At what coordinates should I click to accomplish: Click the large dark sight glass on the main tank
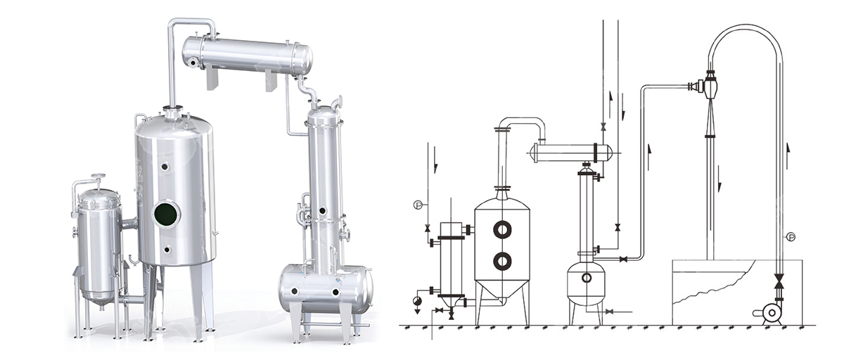point(166,214)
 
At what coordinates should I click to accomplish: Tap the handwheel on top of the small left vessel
point(98,176)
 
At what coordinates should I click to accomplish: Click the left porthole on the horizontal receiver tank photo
point(295,290)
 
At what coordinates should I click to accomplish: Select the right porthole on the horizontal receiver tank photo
point(335,292)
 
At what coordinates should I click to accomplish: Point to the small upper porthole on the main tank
point(165,166)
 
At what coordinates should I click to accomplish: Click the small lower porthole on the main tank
point(167,250)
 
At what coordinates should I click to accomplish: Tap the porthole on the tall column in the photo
point(322,210)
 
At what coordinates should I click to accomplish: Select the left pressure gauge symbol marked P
point(417,205)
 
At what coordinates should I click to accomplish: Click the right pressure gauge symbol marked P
point(791,237)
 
